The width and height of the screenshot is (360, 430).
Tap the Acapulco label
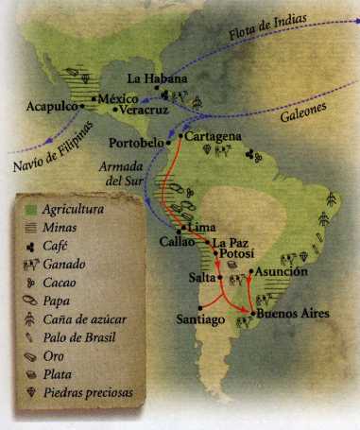pyautogui.click(x=55, y=108)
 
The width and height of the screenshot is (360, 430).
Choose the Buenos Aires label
pyautogui.click(x=293, y=313)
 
